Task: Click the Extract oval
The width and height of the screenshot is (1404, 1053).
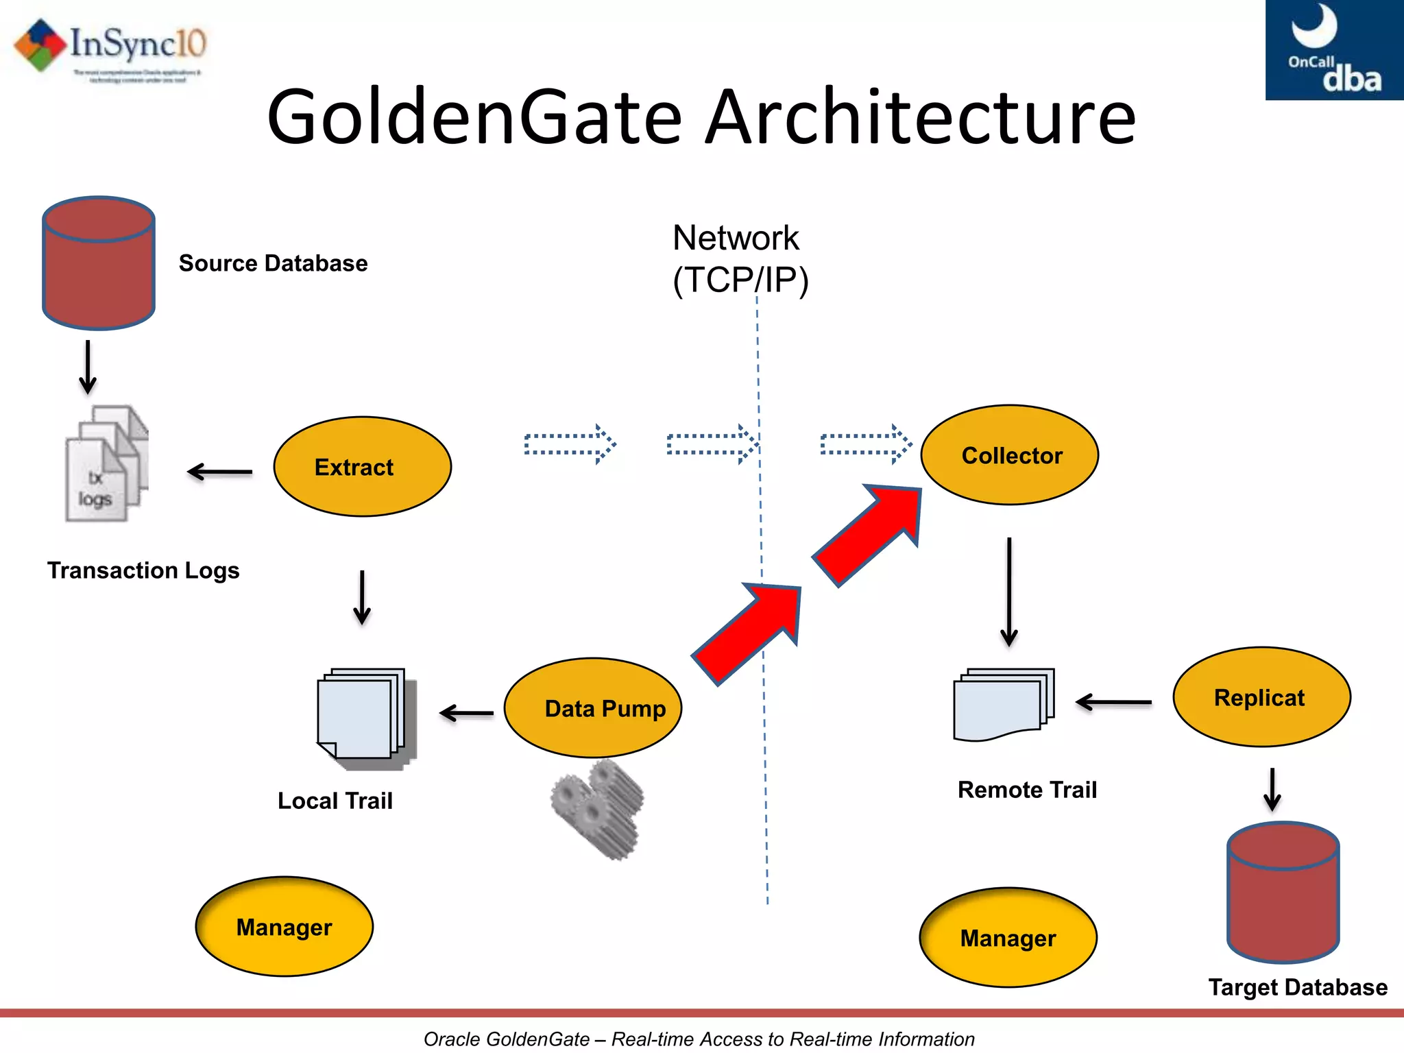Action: (362, 467)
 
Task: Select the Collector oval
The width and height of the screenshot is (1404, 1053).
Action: (1009, 455)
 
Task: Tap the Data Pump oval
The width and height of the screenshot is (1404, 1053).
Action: (593, 707)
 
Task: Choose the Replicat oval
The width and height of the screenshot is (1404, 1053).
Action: (1261, 697)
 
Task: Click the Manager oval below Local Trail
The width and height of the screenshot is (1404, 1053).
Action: (284, 927)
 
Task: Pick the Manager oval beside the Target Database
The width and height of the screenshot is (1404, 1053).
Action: (1008, 938)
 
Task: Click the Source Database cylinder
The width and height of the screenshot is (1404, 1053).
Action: (99, 264)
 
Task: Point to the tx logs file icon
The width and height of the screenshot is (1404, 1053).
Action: (106, 464)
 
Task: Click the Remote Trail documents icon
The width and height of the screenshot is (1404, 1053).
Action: (1003, 705)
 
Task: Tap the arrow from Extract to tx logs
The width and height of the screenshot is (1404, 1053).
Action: (220, 472)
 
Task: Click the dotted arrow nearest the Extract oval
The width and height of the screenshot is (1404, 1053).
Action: (570, 444)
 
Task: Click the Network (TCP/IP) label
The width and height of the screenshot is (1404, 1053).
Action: (739, 259)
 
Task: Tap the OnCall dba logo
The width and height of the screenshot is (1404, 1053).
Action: (1333, 49)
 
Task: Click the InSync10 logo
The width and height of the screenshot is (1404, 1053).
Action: (110, 48)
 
